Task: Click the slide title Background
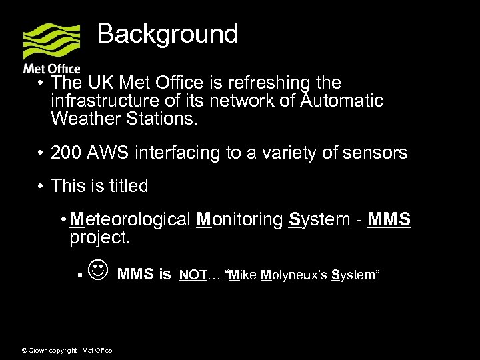[x=167, y=34]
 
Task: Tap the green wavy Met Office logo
[x=51, y=41]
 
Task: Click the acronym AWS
[x=110, y=153]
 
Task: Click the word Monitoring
[x=240, y=220]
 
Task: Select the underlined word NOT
[x=193, y=274]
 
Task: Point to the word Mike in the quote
[x=243, y=274]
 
